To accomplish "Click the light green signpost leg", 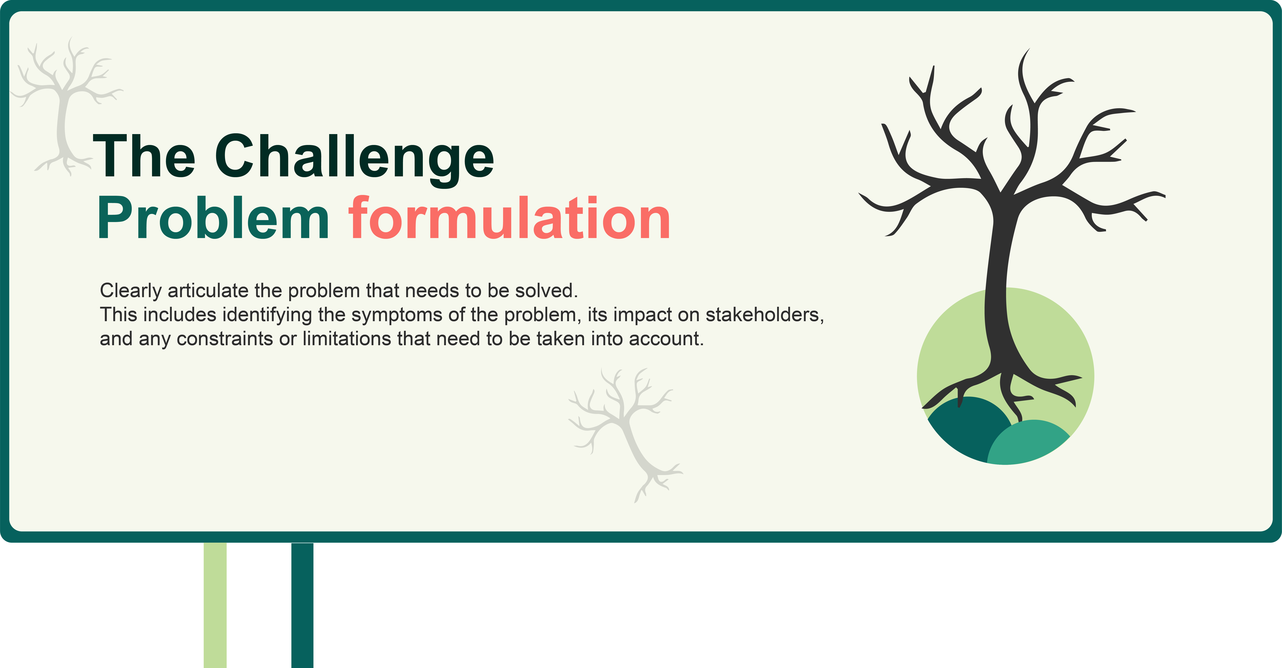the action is click(x=215, y=605).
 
